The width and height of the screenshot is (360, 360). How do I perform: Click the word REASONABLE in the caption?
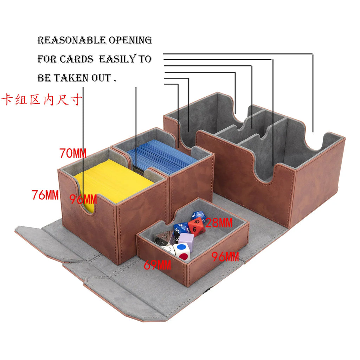[x=72, y=40]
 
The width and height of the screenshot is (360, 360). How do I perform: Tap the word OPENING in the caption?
[x=130, y=40]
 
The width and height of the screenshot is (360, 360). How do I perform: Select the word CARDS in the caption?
[x=76, y=59]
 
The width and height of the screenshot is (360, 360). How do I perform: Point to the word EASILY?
[x=118, y=59]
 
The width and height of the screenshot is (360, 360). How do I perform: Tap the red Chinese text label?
[x=42, y=100]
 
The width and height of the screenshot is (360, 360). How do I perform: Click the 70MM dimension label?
[x=73, y=153]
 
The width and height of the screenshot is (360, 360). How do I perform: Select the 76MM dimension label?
[x=45, y=195]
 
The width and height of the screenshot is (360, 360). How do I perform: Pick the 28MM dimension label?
[x=219, y=223]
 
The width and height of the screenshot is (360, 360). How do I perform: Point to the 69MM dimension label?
[x=157, y=265]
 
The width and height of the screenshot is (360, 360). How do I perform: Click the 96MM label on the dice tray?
[x=225, y=256]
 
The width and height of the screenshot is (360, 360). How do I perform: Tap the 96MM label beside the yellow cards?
[x=83, y=199]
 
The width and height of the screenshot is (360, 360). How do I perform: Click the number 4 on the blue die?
[x=181, y=226]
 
